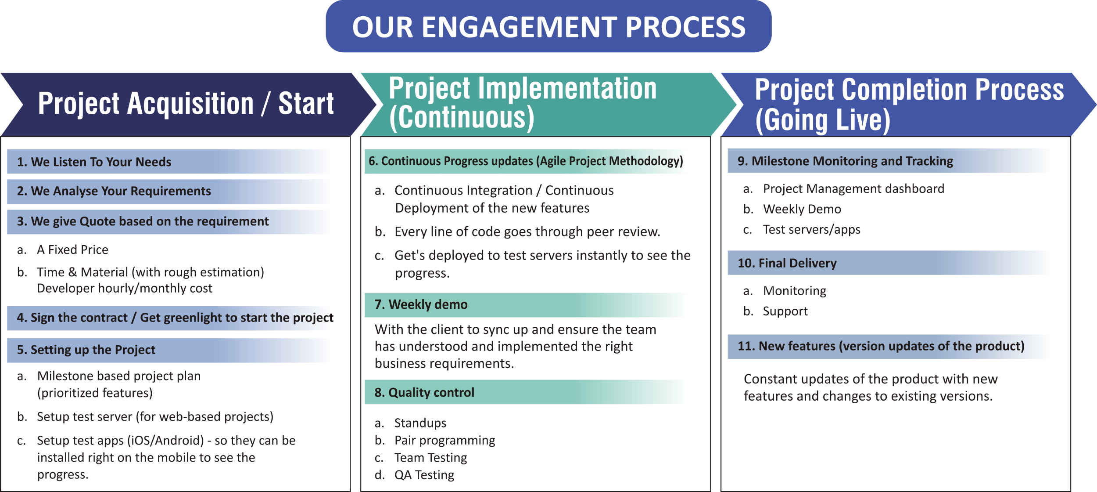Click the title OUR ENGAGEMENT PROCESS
[x=548, y=27]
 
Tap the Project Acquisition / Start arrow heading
[x=186, y=104]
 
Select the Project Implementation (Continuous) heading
[x=523, y=103]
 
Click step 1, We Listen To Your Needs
[x=94, y=162]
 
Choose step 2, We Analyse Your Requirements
[x=114, y=191]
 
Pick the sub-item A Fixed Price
[x=72, y=250]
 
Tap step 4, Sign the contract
[x=175, y=318]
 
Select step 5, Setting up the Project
[x=86, y=350]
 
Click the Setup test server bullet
[x=155, y=416]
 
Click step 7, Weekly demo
[x=421, y=304]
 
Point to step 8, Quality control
[x=424, y=392]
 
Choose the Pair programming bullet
[x=445, y=440]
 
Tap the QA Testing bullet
[x=424, y=475]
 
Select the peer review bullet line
[x=527, y=232]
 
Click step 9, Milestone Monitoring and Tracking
[x=845, y=161]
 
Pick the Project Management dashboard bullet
[x=853, y=189]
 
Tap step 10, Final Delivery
[x=787, y=263]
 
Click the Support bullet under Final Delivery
[x=785, y=311]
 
